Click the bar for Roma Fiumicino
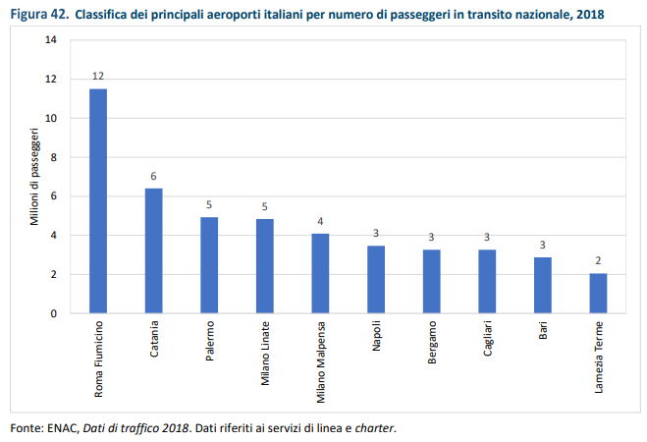pos(98,201)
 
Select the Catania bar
pos(153,250)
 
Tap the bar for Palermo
pos(209,265)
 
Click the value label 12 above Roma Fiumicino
pos(98,76)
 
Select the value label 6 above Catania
pos(153,176)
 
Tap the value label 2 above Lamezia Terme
pos(598,261)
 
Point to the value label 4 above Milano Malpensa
pos(320,221)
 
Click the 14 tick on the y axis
pos(51,40)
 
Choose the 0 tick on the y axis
pos(54,313)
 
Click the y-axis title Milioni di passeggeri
pos(34,177)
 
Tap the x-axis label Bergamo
pos(432,339)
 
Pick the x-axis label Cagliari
pos(487,337)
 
